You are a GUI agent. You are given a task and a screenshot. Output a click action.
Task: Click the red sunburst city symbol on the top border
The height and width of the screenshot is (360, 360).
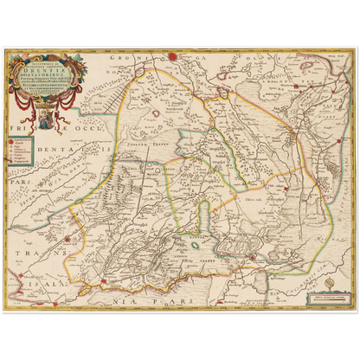(x=171, y=56)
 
